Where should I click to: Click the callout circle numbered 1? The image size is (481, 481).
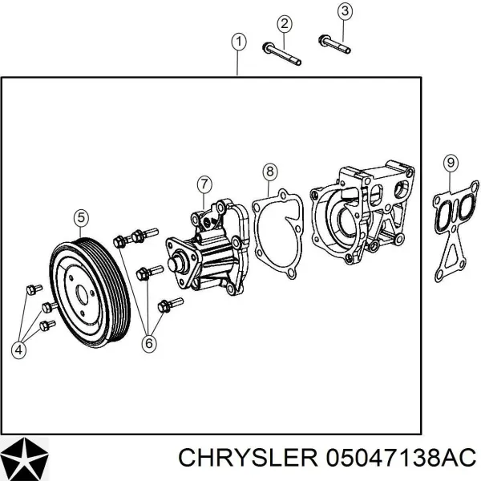click(x=238, y=41)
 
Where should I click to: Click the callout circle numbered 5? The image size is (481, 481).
click(x=81, y=216)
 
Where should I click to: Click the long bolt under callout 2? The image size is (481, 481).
click(x=281, y=53)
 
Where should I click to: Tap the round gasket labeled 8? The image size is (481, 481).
click(x=277, y=228)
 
